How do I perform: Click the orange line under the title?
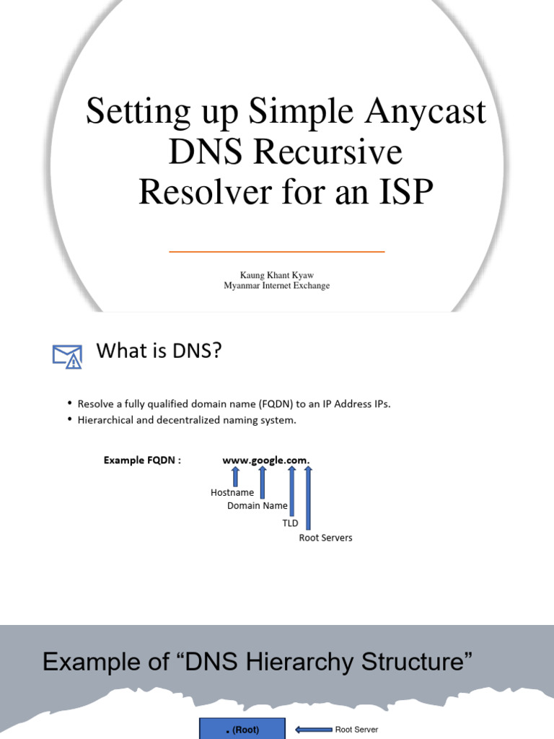click(x=276, y=252)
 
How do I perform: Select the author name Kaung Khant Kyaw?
click(x=276, y=275)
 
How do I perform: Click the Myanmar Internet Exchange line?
click(x=276, y=286)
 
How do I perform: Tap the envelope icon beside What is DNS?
click(x=67, y=356)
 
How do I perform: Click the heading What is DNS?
click(x=159, y=351)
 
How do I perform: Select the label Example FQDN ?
click(x=142, y=460)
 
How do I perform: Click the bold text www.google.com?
click(x=266, y=460)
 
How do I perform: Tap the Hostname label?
click(x=232, y=492)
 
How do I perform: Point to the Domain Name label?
click(x=258, y=506)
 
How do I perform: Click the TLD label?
click(x=290, y=522)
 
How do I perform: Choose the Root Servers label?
click(x=325, y=538)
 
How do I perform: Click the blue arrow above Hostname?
click(x=235, y=476)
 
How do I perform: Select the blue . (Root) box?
click(x=243, y=729)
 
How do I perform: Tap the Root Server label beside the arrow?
click(x=356, y=730)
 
